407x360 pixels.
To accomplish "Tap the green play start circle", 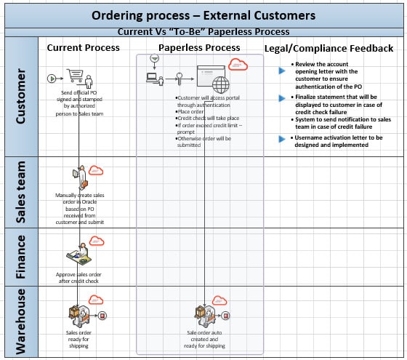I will click(51, 78).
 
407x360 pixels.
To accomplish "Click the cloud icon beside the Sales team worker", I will click(96, 171).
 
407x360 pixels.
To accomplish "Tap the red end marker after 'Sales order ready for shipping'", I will click(102, 315).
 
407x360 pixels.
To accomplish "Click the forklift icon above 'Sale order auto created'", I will click(201, 315).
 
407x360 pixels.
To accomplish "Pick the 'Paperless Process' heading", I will click(199, 47).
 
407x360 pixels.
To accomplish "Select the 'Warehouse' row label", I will click(21, 321).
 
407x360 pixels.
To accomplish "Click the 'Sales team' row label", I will click(21, 192).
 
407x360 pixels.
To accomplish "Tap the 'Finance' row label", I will click(21, 256).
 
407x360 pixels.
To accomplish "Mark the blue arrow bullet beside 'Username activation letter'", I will click(281, 137).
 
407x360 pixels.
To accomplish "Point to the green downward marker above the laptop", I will click(153, 58).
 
